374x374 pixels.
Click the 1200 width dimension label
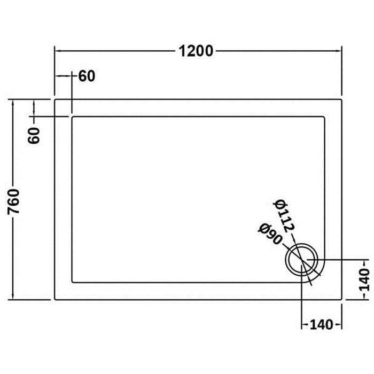[x=197, y=51]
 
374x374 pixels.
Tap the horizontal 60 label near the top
[x=87, y=76]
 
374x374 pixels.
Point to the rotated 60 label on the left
[x=34, y=136]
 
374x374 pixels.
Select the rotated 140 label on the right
[x=363, y=278]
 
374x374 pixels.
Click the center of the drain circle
[x=302, y=259]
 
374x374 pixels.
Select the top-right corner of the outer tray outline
[x=341, y=99]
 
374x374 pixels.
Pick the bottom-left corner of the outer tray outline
[x=54, y=300]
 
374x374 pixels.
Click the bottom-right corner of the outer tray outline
[x=341, y=300]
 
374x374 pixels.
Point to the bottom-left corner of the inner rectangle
[x=72, y=282]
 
